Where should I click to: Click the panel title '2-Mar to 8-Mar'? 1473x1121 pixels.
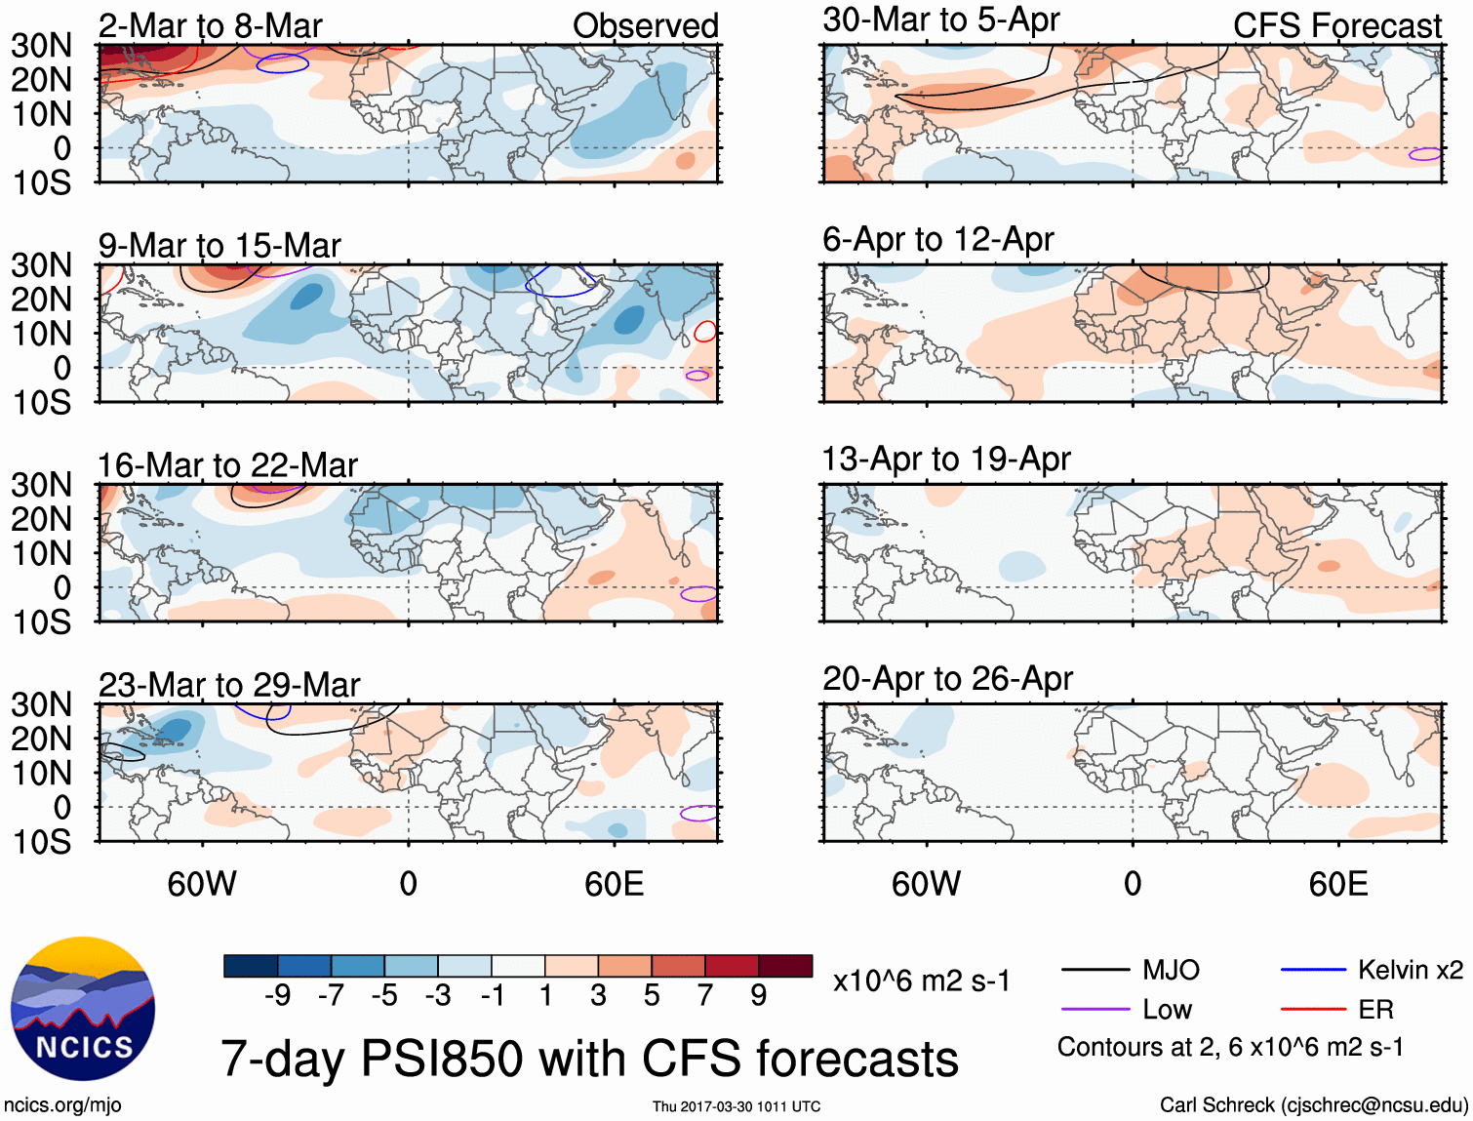[x=210, y=25]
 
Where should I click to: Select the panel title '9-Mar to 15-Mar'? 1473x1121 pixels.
[x=219, y=245]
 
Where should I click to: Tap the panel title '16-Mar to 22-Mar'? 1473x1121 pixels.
[x=227, y=464]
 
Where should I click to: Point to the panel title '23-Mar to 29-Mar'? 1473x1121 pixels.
[x=229, y=684]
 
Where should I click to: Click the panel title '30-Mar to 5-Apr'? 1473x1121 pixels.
[x=940, y=20]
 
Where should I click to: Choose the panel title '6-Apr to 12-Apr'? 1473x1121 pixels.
[x=937, y=239]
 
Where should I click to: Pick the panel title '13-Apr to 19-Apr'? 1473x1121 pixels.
[x=946, y=459]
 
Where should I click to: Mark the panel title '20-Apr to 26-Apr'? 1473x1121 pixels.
[x=947, y=678]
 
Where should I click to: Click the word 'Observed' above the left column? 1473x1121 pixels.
[x=645, y=25]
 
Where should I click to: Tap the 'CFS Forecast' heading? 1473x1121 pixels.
[x=1336, y=25]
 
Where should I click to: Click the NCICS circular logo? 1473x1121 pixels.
[x=83, y=1009]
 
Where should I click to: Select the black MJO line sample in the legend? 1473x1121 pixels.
[x=1095, y=970]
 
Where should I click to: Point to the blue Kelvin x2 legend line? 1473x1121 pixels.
[x=1313, y=970]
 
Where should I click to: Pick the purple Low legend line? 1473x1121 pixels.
[x=1095, y=1009]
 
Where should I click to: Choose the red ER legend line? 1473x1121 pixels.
[x=1313, y=1009]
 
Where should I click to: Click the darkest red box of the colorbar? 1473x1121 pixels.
[x=785, y=966]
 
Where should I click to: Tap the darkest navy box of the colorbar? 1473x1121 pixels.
[x=251, y=966]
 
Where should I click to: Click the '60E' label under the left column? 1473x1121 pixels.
[x=614, y=884]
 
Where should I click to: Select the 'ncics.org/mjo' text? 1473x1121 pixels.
[x=62, y=1104]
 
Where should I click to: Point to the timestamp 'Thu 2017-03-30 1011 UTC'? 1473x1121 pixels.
[x=736, y=1106]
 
